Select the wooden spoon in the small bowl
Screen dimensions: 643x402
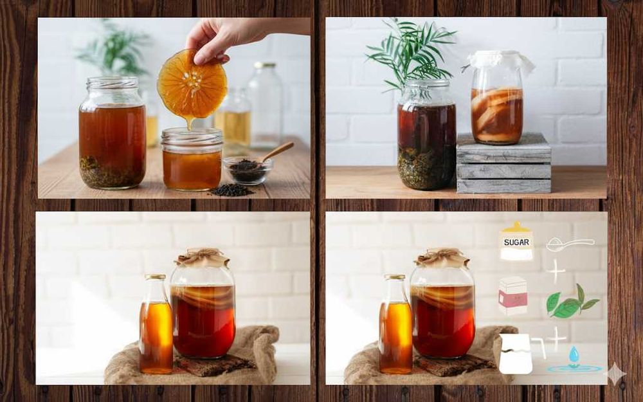coord(277,151)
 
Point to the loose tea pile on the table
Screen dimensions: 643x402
coord(231,190)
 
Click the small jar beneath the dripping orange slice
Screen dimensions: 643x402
coord(192,159)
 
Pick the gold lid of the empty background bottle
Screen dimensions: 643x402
coord(265,65)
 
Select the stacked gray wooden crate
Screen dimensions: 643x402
coord(503,163)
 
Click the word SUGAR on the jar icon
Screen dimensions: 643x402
coord(516,242)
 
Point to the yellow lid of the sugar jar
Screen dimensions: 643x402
coord(516,227)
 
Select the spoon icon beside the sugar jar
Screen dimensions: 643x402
coord(570,244)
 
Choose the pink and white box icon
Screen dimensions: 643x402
coord(513,296)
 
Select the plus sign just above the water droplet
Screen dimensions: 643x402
coord(557,339)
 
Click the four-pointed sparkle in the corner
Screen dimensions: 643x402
coord(617,374)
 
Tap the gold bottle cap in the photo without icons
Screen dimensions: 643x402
coord(156,277)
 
